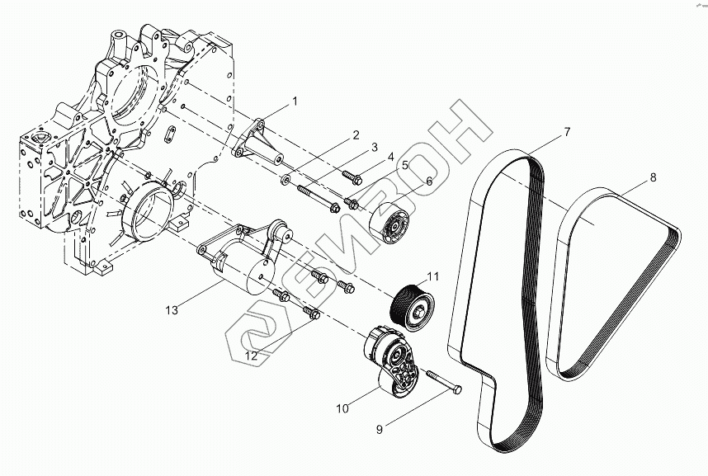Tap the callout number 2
(356, 134)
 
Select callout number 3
(374, 148)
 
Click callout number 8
(405, 165)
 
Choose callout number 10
(568, 132)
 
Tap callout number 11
(654, 177)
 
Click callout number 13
(341, 407)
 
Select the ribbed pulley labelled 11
(251, 357)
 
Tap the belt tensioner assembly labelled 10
(171, 309)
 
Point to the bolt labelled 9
(443, 384)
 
